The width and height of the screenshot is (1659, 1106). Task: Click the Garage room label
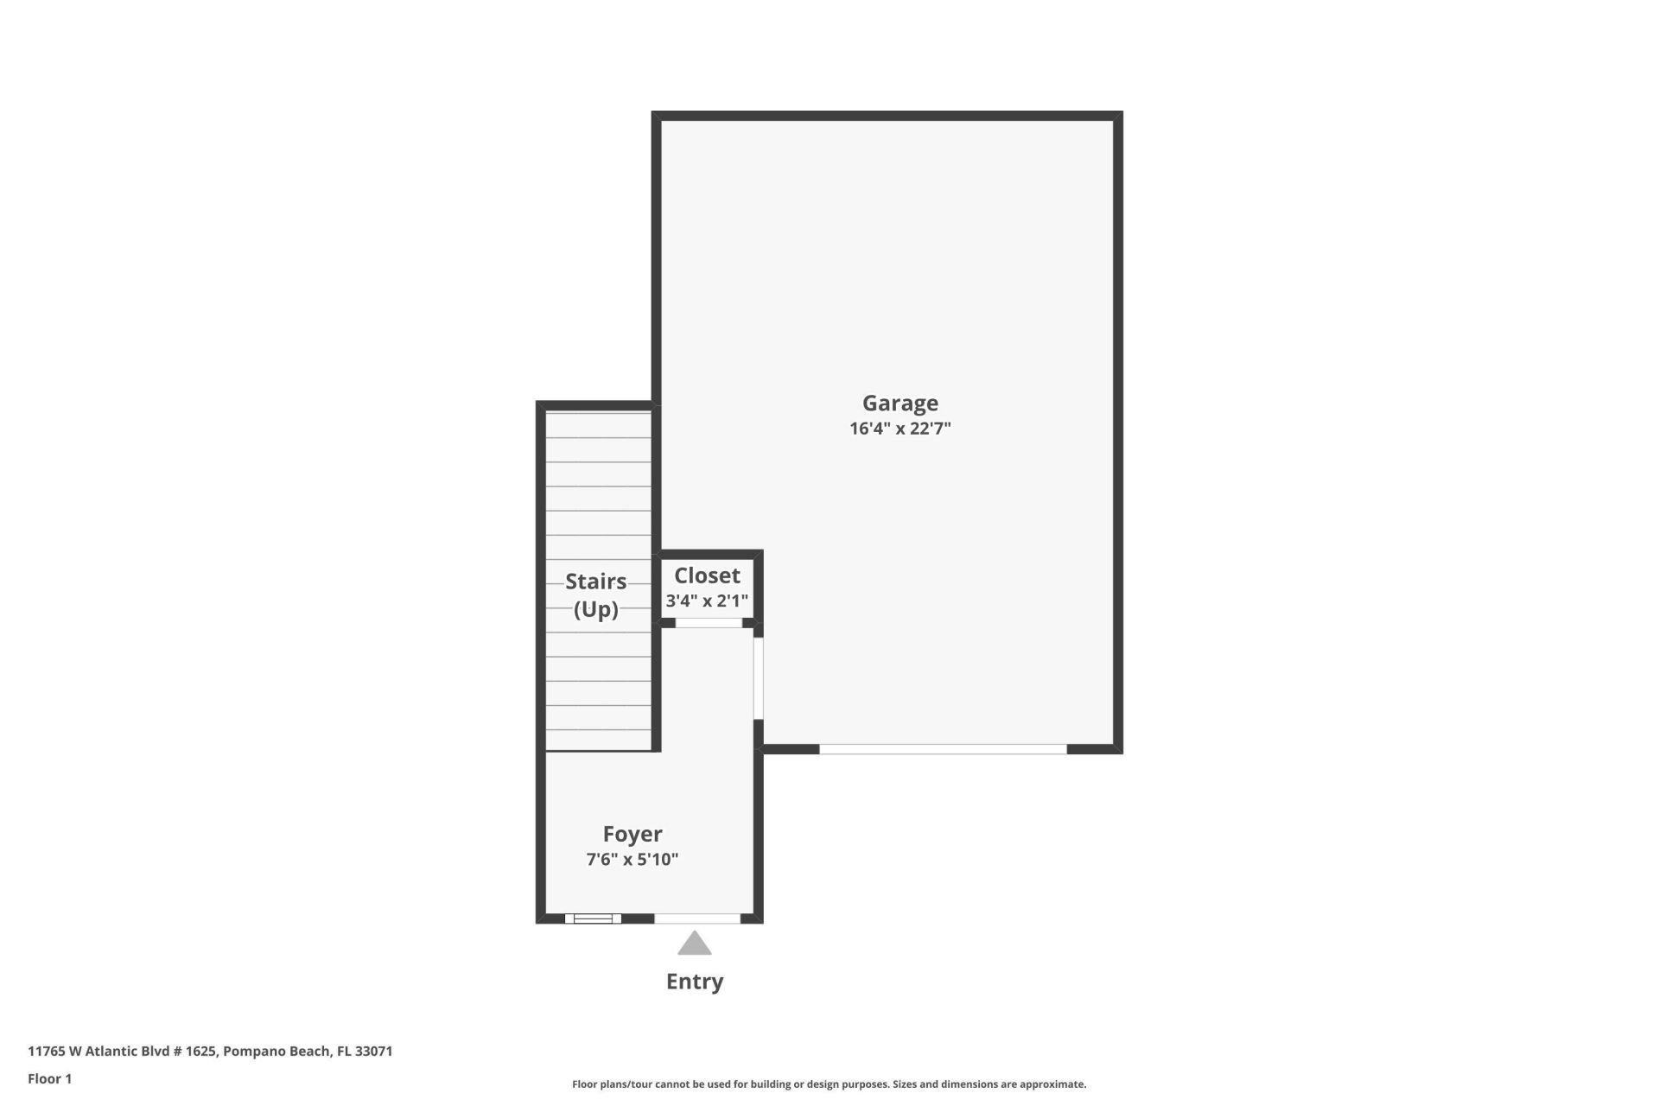pyautogui.click(x=899, y=404)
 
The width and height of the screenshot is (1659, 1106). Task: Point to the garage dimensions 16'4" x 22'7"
pyautogui.click(x=899, y=429)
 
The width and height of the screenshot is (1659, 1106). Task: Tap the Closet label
pyautogui.click(x=707, y=575)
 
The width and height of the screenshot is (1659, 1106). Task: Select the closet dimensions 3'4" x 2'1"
pyautogui.click(x=707, y=601)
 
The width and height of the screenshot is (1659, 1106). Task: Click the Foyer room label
pyautogui.click(x=632, y=834)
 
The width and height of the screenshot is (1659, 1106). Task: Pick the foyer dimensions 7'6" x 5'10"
pyautogui.click(x=632, y=860)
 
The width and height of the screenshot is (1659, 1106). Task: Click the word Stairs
pyautogui.click(x=595, y=582)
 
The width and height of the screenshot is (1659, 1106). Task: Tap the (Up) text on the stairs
pyautogui.click(x=595, y=610)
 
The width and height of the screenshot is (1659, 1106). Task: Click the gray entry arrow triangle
pyautogui.click(x=695, y=944)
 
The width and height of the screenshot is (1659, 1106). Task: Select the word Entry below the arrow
pyautogui.click(x=695, y=982)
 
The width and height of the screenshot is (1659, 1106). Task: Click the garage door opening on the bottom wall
pyautogui.click(x=943, y=749)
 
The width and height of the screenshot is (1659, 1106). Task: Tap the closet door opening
pyautogui.click(x=709, y=623)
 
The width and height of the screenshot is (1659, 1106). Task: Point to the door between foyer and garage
pyautogui.click(x=759, y=678)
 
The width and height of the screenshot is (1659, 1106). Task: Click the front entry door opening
pyautogui.click(x=697, y=918)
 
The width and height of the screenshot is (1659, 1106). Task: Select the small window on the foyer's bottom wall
pyautogui.click(x=593, y=918)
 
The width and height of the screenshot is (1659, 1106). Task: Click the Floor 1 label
pyautogui.click(x=50, y=1078)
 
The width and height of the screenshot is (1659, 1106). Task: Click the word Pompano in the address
pyautogui.click(x=253, y=1052)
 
